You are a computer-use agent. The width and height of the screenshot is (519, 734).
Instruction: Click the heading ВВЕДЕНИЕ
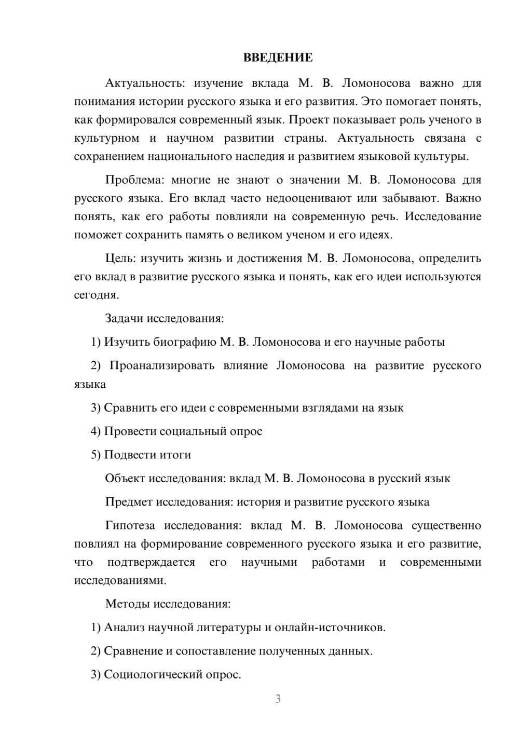278,58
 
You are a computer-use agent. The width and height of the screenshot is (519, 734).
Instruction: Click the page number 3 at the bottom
278,699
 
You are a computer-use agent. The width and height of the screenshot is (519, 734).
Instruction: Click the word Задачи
124,318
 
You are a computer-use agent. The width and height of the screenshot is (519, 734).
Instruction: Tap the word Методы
124,604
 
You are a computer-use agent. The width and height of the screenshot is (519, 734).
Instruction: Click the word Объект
125,478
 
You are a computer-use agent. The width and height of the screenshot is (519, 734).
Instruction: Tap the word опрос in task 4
246,431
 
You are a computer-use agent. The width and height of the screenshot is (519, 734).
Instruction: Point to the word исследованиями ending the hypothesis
120,580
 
